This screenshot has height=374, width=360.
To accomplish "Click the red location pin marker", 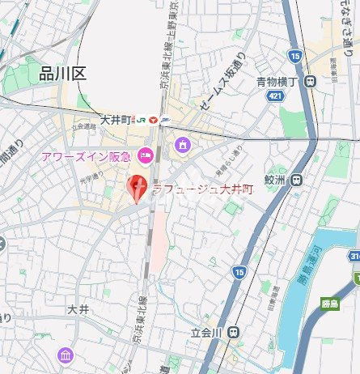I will (x=138, y=189).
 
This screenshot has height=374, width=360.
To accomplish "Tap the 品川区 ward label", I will (x=62, y=74).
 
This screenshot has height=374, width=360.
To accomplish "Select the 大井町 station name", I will (x=115, y=119).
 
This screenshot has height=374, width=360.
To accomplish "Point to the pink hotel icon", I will (x=146, y=154).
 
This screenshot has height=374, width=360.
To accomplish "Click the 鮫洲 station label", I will (x=276, y=181).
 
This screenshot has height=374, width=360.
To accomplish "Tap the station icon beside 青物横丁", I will (x=311, y=81).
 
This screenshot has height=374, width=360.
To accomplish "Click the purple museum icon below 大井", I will (x=65, y=355).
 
